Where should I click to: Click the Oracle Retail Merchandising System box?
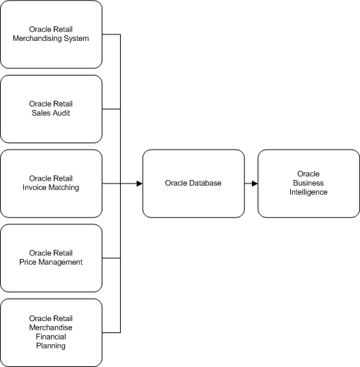[52, 34]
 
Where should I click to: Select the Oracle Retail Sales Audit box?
[52, 109]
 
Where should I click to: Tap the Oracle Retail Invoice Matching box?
[52, 183]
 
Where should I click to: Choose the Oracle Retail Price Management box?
[52, 258]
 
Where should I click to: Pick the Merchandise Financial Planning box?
[52, 332]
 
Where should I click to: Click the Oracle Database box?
[193, 183]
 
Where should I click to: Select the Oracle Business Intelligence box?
[308, 183]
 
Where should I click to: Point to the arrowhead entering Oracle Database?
[138, 183]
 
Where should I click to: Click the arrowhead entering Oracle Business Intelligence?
[253, 183]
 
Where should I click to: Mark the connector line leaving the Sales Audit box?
[112, 109]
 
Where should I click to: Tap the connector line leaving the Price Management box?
[112, 258]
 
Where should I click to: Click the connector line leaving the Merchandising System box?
[112, 35]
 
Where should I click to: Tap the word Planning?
[51, 346]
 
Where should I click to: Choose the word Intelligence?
[308, 192]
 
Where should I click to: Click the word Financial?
[51, 337]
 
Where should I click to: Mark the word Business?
[308, 183]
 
